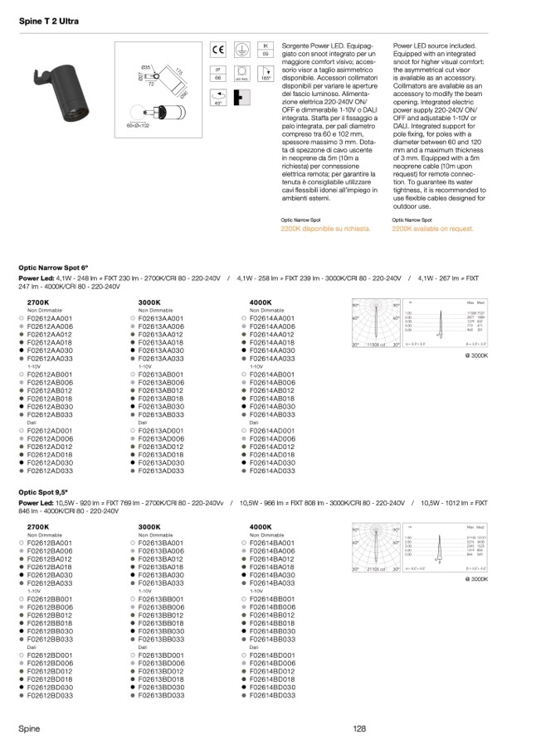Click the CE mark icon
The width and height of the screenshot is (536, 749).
click(218, 49)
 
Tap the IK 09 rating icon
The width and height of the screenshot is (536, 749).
click(266, 49)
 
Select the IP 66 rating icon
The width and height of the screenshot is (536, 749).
click(218, 73)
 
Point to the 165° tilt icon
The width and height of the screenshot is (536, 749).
click(266, 73)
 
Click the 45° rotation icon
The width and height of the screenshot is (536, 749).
click(218, 97)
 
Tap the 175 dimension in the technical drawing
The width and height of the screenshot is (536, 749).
click(178, 74)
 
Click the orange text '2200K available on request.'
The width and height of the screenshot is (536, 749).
click(432, 228)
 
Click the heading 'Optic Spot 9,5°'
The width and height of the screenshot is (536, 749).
click(42, 492)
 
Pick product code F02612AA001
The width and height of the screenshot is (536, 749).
click(50, 318)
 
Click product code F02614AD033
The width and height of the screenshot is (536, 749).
click(273, 471)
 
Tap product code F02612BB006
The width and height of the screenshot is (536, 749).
click(50, 606)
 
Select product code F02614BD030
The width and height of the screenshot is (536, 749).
click(273, 687)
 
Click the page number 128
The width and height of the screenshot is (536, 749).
click(358, 728)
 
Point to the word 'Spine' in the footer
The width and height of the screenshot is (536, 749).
click(29, 728)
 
